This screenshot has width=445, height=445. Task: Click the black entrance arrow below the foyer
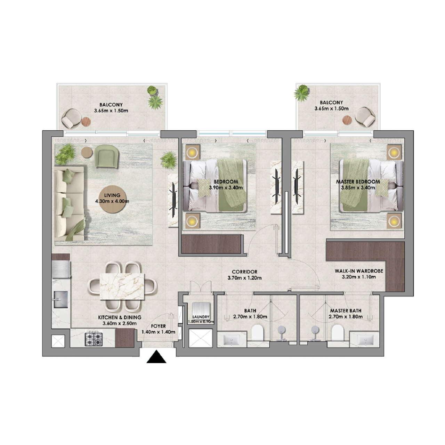click(x=156, y=358)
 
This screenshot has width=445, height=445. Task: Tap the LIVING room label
click(x=112, y=195)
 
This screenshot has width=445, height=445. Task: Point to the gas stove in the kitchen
click(x=94, y=339)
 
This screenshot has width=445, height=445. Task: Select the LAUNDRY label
click(x=201, y=317)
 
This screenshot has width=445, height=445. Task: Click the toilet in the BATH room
click(x=258, y=333)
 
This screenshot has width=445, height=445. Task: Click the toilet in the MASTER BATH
click(x=338, y=333)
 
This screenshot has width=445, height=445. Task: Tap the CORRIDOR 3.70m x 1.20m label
click(x=244, y=275)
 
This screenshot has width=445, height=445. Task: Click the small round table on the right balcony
click(x=347, y=120)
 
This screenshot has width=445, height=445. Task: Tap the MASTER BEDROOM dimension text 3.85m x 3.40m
click(x=358, y=187)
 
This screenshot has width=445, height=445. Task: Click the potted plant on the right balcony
click(x=301, y=93)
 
